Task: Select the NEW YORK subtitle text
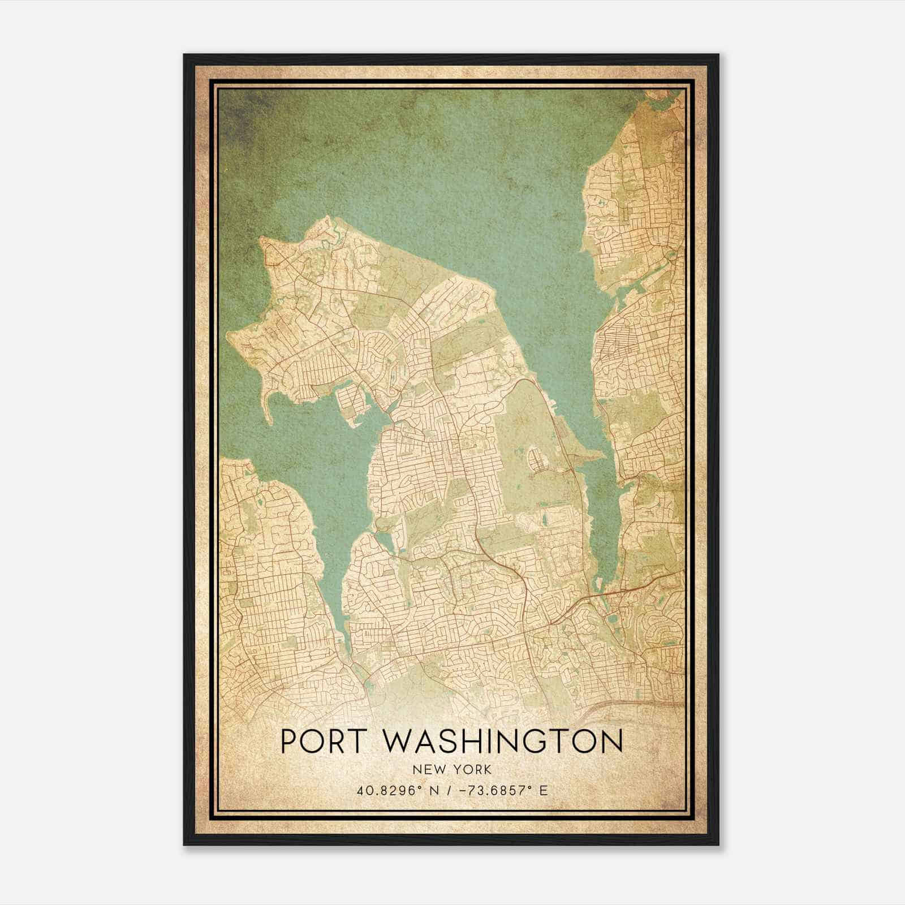452,769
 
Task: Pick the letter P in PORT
290,741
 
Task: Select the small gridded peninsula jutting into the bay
351,403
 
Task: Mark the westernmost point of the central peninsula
228,338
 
